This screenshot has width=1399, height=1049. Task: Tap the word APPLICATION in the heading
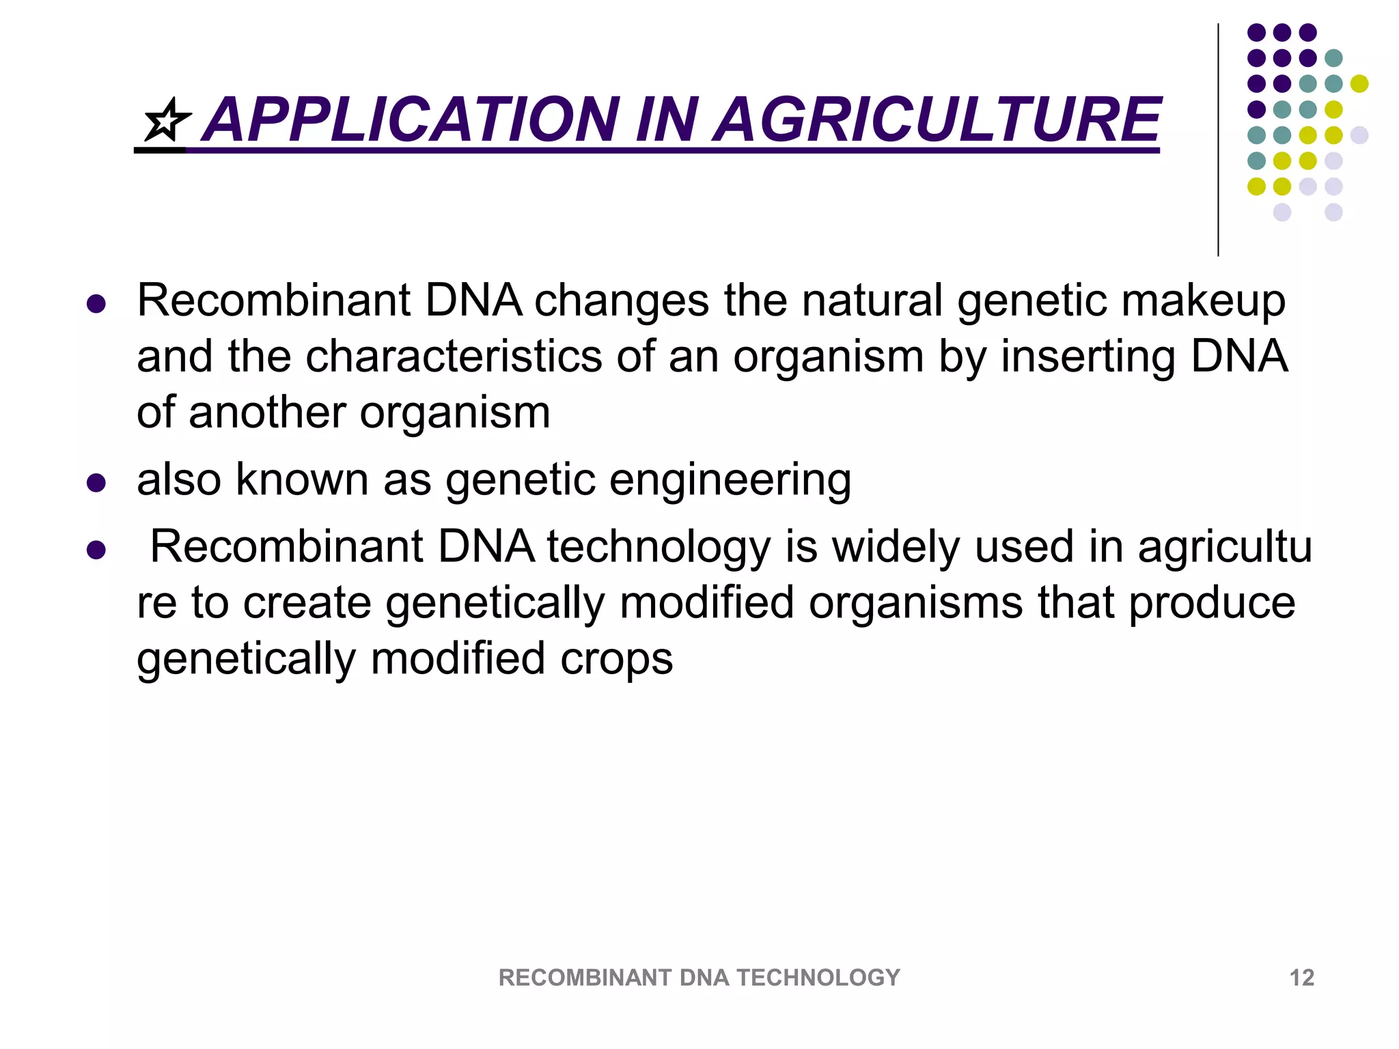tap(413, 120)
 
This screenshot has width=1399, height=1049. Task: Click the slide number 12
tap(1301, 977)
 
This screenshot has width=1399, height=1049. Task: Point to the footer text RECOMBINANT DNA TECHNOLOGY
tap(699, 977)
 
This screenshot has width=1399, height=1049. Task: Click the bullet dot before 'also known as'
tap(96, 483)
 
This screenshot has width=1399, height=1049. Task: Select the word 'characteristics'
tap(454, 356)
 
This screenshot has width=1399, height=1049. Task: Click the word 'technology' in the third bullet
tap(659, 548)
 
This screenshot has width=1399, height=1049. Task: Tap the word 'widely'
tap(896, 548)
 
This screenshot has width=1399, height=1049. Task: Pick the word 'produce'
tap(1211, 604)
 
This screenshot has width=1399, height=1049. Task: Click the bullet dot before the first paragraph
tap(96, 304)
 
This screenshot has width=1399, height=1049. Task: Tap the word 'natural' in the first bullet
tap(872, 300)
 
